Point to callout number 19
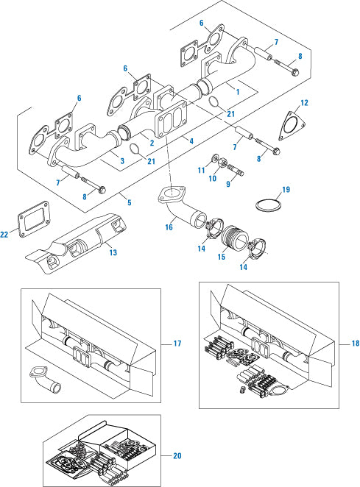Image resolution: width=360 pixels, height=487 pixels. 286,189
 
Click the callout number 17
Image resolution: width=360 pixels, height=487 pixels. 177,343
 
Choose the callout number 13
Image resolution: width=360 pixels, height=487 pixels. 113,252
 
